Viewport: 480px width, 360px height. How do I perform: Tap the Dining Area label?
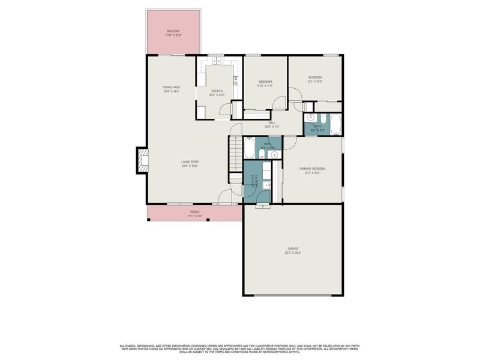(x=172, y=89)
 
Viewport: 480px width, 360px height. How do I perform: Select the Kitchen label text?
(x=217, y=92)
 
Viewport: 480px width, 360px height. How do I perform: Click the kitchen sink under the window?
(x=216, y=61)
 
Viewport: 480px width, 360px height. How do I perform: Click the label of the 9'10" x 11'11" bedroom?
(x=265, y=83)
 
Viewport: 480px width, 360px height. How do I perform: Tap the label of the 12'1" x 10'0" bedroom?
(x=315, y=79)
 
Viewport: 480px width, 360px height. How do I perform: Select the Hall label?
(x=272, y=124)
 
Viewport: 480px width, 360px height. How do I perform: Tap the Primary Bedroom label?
(x=313, y=170)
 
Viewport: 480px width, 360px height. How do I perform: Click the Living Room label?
(x=190, y=163)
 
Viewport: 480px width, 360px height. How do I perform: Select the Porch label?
(x=194, y=213)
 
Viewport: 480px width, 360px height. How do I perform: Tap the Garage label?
(x=293, y=250)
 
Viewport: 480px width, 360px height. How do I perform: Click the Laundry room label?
(x=257, y=182)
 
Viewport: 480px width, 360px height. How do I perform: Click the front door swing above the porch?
(x=225, y=197)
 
